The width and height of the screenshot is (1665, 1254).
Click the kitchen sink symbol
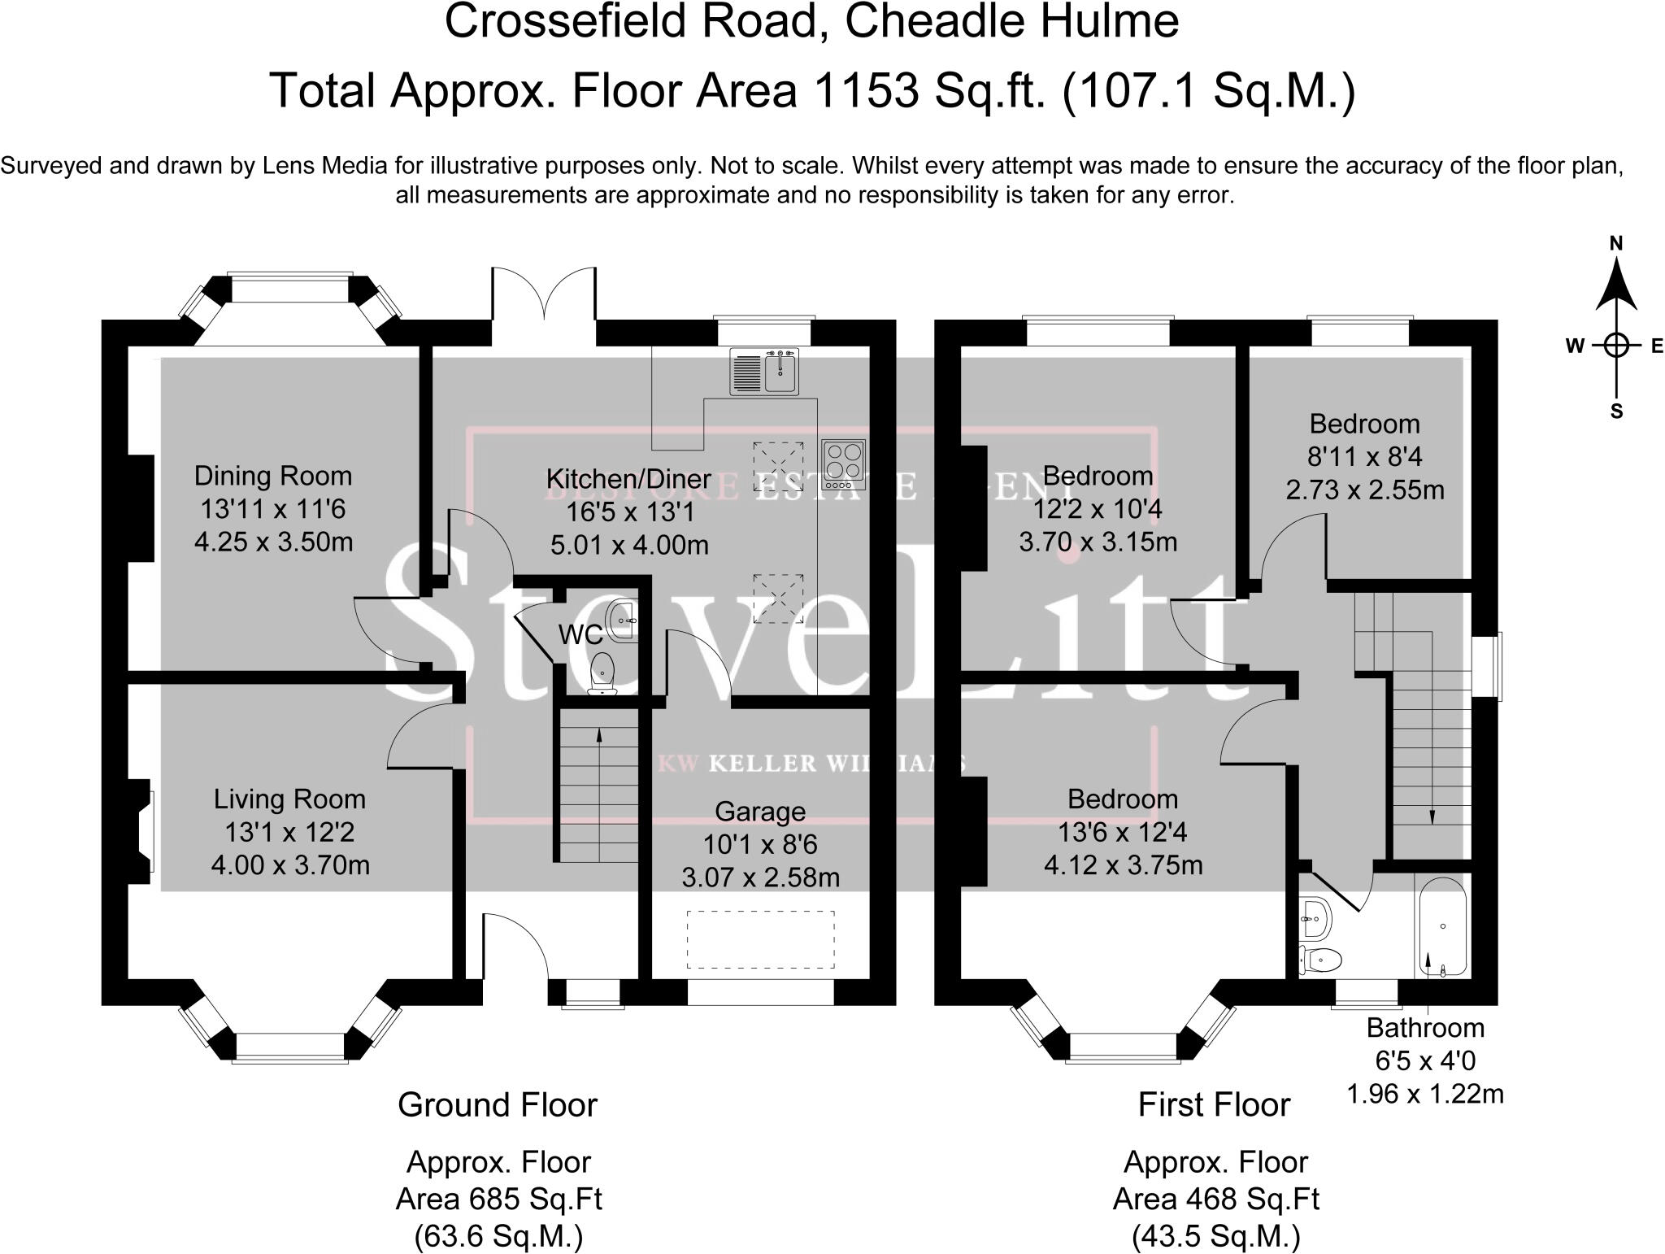764,372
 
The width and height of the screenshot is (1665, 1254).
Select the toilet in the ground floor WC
602,673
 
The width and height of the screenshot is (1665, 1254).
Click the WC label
580,634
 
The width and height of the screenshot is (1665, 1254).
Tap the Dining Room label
273,476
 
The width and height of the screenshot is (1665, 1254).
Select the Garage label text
760,812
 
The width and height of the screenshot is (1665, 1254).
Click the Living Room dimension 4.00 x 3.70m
290,864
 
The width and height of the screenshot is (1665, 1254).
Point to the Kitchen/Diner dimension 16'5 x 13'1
630,512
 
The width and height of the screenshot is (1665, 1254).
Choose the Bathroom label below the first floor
1425,1028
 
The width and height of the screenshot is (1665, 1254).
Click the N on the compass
1616,243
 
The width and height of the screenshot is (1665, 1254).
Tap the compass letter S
1616,411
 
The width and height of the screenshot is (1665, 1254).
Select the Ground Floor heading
498,1105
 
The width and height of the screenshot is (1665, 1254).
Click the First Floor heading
1214,1105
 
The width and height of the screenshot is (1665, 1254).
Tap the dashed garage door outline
761,940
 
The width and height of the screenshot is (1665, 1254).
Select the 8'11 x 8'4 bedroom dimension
1364,457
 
